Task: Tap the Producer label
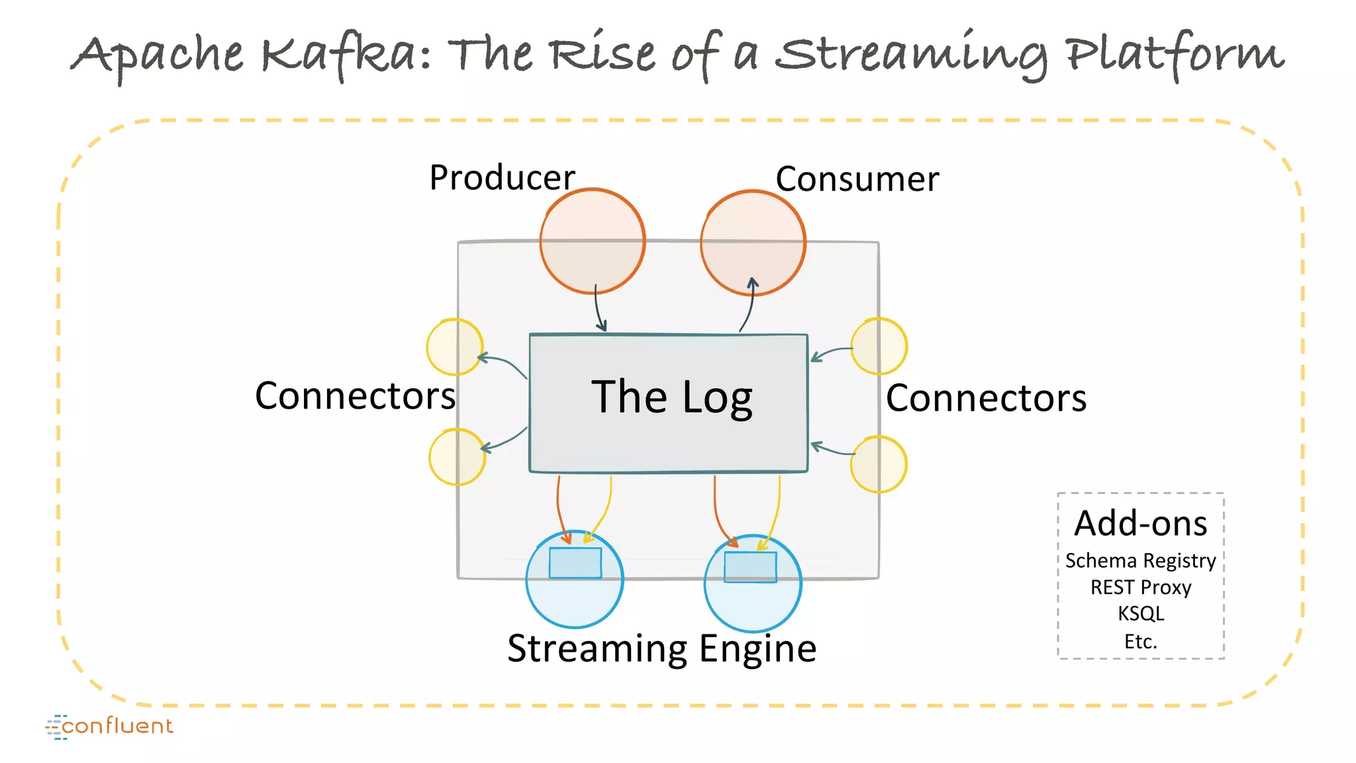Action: [502, 178]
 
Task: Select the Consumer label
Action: [857, 179]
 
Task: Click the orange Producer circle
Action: [592, 241]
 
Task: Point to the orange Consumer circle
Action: [753, 242]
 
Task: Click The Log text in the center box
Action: [671, 397]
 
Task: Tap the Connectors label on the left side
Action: [355, 396]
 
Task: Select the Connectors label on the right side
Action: [986, 398]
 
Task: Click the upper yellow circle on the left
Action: [455, 347]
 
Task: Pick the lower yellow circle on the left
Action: [457, 457]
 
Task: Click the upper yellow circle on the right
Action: [879, 346]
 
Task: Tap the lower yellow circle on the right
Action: [879, 464]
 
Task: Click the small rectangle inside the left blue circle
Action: [575, 563]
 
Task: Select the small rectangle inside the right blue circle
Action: [750, 567]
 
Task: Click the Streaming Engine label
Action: [661, 648]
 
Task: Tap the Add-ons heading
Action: [1140, 523]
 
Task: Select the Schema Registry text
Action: [1140, 561]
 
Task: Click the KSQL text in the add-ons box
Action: [1140, 613]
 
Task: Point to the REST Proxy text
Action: [1140, 587]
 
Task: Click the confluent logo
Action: [110, 727]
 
